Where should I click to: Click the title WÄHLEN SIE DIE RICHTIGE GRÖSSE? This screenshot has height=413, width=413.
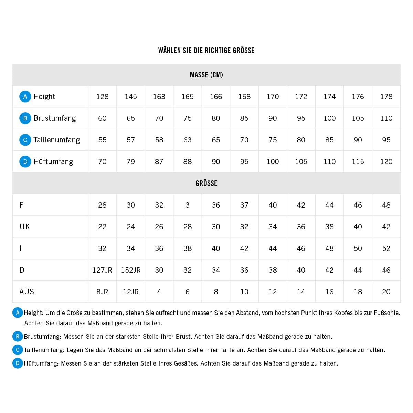tap(206, 51)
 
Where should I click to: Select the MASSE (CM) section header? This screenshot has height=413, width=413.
tap(206, 75)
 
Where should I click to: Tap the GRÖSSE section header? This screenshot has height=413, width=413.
tap(206, 183)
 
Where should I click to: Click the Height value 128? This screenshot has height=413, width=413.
tap(103, 97)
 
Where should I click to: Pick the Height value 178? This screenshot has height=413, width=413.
tap(386, 97)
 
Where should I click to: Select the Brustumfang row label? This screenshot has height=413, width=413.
tap(54, 118)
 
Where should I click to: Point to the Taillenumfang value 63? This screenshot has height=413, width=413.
tap(188, 140)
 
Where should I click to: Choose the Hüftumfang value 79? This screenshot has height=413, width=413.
tap(131, 162)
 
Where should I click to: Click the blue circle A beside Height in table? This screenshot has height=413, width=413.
tap(25, 97)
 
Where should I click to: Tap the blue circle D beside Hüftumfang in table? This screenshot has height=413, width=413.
tap(25, 162)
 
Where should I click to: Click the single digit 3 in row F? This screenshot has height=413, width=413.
tap(188, 205)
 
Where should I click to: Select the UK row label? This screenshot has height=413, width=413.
tap(25, 227)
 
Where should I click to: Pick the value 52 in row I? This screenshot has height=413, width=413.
tap(386, 248)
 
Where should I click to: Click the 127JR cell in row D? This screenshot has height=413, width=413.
tap(102, 270)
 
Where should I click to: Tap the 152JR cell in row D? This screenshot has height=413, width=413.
tap(131, 270)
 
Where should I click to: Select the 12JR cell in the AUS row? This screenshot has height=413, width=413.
tap(131, 292)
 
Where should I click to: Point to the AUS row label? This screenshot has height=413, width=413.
tap(27, 292)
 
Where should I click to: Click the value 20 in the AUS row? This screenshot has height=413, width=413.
tap(386, 292)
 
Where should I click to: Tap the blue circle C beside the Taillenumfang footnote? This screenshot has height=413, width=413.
tap(18, 350)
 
